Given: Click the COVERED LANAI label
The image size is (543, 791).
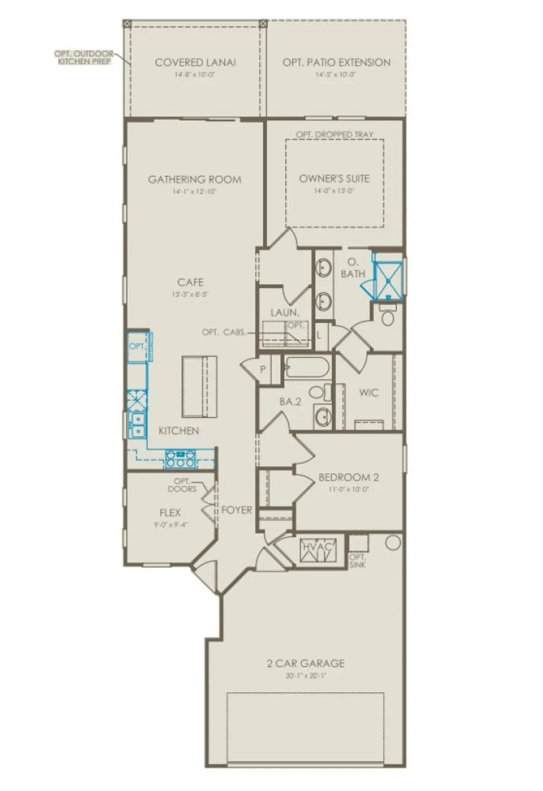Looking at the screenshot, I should [x=195, y=62].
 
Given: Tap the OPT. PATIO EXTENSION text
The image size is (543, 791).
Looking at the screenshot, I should [x=336, y=62].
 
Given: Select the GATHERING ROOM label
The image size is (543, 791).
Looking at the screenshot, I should [x=195, y=179].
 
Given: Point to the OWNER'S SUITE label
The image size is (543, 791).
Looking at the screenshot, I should [x=335, y=178].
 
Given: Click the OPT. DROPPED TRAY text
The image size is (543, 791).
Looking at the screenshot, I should [x=335, y=134].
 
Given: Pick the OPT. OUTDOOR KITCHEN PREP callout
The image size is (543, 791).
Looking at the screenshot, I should [x=83, y=57].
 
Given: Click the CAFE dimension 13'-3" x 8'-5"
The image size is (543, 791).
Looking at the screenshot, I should [x=190, y=294].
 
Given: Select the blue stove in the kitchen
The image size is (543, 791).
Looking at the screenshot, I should [x=180, y=459].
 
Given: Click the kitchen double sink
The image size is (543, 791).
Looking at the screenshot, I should [x=137, y=425].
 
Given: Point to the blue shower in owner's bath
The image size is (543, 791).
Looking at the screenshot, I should [x=388, y=276].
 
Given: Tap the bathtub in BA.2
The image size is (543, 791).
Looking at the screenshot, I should [x=307, y=367].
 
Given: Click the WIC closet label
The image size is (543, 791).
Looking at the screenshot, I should [x=368, y=393].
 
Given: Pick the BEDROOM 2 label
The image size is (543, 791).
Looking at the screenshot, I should [x=348, y=477].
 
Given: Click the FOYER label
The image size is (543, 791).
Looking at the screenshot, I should [x=236, y=510].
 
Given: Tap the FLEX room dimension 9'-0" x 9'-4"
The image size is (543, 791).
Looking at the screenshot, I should [x=170, y=525].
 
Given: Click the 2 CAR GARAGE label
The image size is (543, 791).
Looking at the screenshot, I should [x=306, y=663].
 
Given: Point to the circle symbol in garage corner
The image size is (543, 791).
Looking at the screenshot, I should [x=393, y=543].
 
